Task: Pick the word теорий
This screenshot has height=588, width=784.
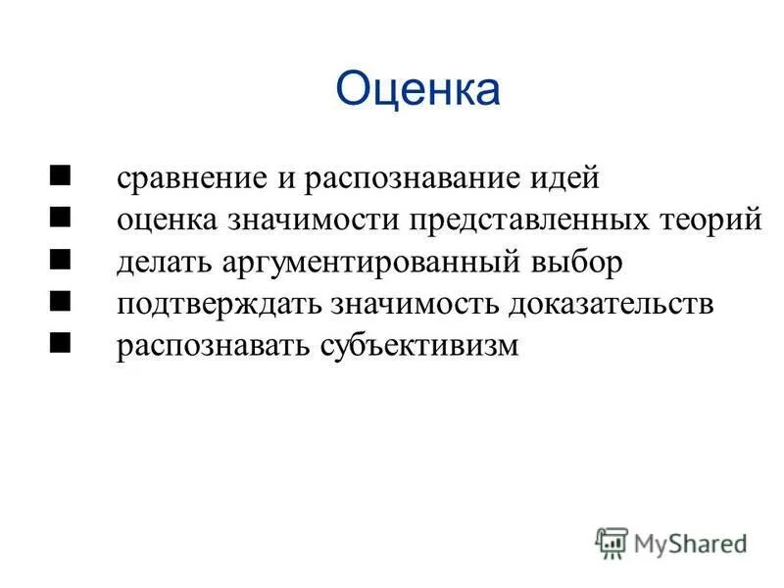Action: point(708,220)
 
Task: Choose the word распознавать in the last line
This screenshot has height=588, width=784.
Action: point(214,347)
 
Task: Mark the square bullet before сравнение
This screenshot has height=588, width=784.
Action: point(61,177)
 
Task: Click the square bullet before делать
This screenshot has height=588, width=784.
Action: point(61,261)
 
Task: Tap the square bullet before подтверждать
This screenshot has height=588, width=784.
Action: point(61,303)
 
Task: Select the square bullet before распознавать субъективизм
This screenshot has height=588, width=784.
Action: point(61,344)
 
